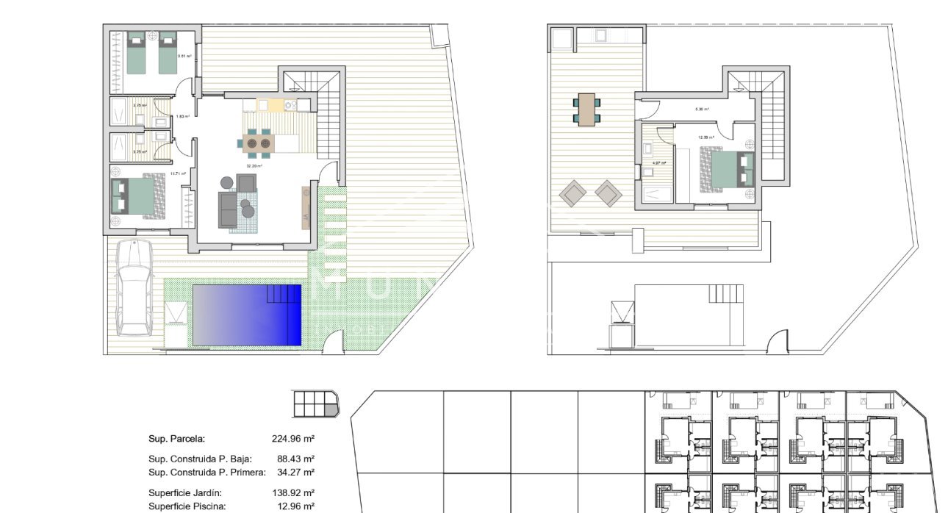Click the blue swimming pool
click(x=247, y=315)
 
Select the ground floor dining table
click(x=258, y=143)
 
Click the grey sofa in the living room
click(x=228, y=208)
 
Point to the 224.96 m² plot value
click(x=293, y=439)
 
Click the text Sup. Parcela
click(x=176, y=439)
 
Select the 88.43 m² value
click(x=295, y=459)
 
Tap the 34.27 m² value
click(x=295, y=472)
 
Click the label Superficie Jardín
click(x=185, y=493)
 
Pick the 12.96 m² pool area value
click(x=295, y=506)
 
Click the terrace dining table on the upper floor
click(x=586, y=110)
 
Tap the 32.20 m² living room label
click(x=254, y=166)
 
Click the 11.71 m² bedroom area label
click(x=178, y=174)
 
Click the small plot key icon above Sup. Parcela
click(x=317, y=403)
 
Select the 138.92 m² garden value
click(x=293, y=493)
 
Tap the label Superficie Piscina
click(x=187, y=506)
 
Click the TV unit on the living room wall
click(x=306, y=208)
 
